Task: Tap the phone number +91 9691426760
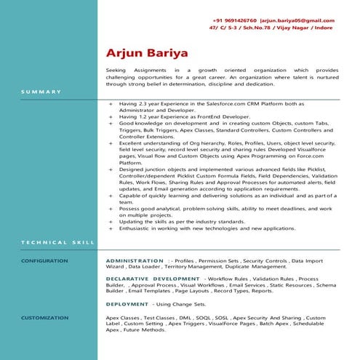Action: (x=236, y=20)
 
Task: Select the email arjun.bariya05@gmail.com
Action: (x=299, y=20)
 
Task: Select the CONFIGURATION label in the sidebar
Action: (x=44, y=260)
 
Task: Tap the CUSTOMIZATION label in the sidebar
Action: (x=44, y=318)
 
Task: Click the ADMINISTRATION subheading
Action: (x=135, y=260)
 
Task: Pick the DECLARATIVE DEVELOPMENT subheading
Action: (x=153, y=279)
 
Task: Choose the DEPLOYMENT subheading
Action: (x=128, y=303)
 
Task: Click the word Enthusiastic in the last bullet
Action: (x=135, y=228)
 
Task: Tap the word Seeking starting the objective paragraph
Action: (x=116, y=69)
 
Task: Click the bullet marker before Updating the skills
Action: (x=111, y=221)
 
